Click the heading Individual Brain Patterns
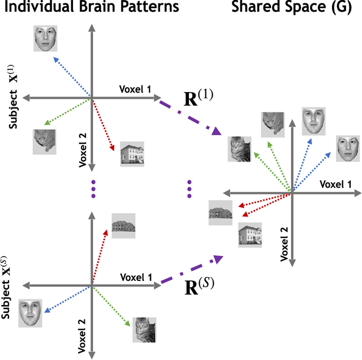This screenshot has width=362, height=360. pyautogui.click(x=90, y=7)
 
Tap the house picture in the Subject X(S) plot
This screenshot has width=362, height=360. pyautogui.click(x=123, y=224)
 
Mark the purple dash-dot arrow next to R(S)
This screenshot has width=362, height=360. pyautogui.click(x=190, y=271)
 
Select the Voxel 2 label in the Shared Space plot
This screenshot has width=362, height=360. pyautogui.click(x=285, y=240)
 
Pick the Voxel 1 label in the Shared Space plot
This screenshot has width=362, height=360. pyautogui.click(x=335, y=184)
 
